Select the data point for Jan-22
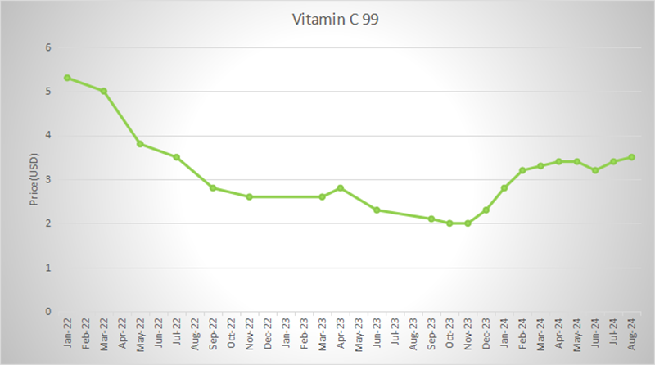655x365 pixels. [67, 78]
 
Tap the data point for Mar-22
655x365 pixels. [104, 91]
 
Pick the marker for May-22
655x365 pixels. [140, 144]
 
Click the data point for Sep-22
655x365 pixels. [213, 188]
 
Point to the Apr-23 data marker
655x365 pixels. [340, 188]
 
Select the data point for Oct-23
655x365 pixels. [449, 223]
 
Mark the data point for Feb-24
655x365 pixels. [522, 170]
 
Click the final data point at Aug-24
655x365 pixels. [631, 157]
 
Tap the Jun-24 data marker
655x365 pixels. [594, 170]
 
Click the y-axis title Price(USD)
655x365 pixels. [34, 179]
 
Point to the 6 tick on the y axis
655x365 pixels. [48, 47]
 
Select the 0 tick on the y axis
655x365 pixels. [48, 312]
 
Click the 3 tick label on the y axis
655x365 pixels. [48, 179]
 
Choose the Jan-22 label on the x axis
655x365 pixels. [67, 333]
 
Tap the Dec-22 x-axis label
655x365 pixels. [267, 333]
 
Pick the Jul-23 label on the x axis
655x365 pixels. [395, 333]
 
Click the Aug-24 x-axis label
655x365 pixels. [631, 333]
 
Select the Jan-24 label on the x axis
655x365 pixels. [504, 333]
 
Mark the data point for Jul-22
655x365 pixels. [176, 157]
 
